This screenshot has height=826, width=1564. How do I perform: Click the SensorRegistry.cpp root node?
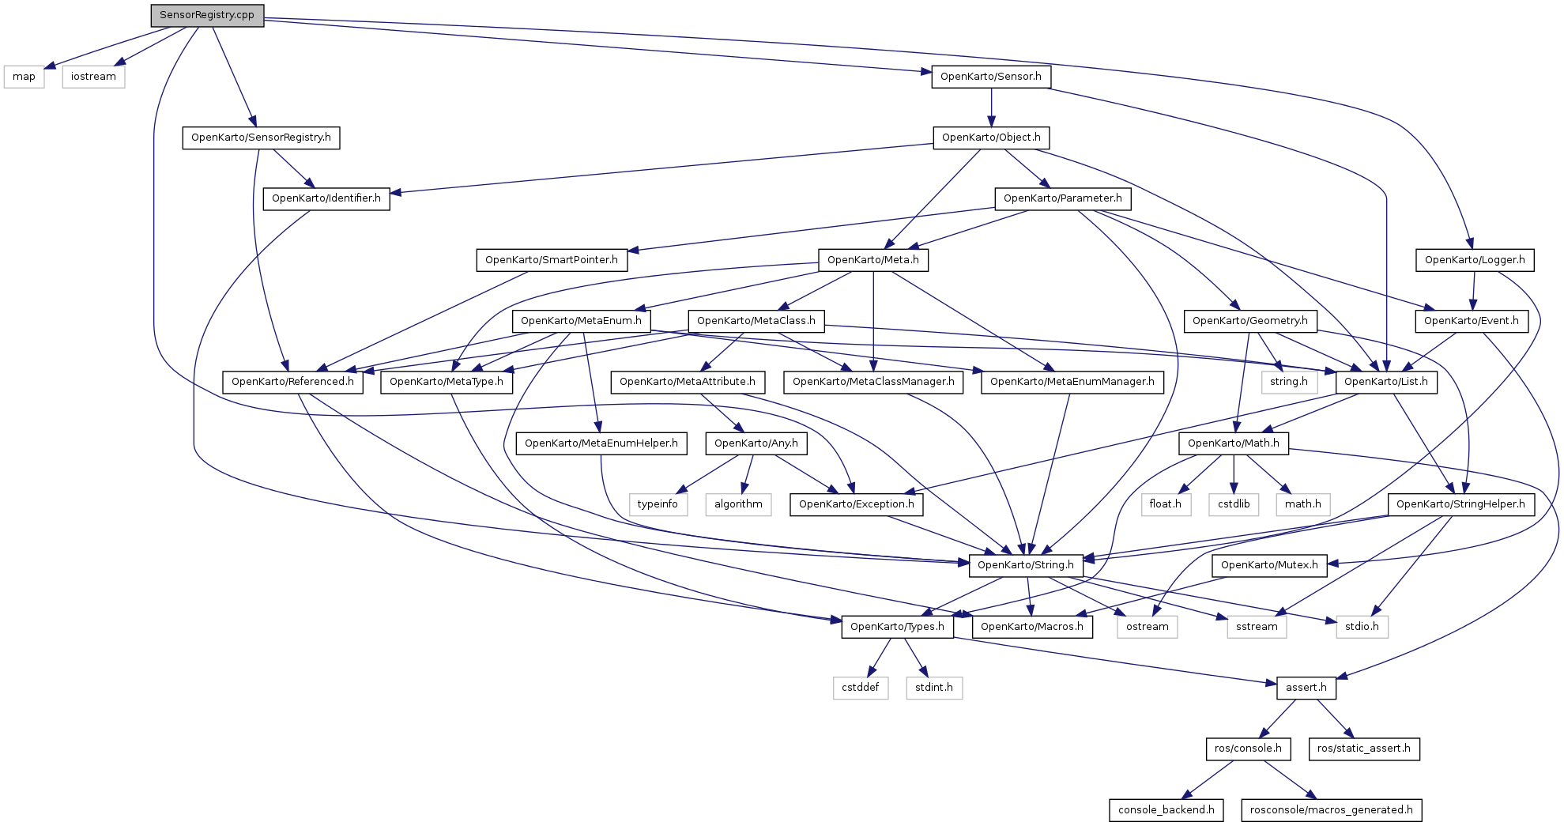point(207,15)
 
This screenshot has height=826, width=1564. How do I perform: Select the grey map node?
point(24,77)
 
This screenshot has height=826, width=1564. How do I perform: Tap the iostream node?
point(93,77)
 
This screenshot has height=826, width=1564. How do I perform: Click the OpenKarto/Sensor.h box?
point(991,77)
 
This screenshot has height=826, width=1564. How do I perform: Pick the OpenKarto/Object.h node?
point(991,138)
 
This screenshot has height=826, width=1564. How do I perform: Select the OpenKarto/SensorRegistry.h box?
point(261,138)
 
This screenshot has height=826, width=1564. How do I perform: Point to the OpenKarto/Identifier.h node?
point(326,198)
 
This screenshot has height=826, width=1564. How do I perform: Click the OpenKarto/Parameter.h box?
point(1063,198)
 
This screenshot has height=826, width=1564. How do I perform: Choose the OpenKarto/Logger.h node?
point(1475,260)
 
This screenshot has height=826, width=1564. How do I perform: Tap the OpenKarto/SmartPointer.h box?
point(552,260)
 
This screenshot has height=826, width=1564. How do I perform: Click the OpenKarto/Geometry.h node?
point(1250,321)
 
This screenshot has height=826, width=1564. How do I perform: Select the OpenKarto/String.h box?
point(1026,565)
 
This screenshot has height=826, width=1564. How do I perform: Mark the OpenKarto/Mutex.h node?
point(1269,565)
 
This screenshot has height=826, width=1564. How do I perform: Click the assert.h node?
point(1306,688)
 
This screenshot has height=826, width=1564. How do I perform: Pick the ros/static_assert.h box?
point(1364,749)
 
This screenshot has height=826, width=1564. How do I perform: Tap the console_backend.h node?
point(1166,810)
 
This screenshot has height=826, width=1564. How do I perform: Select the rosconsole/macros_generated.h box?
point(1332,810)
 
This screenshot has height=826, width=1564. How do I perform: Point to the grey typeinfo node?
point(658,504)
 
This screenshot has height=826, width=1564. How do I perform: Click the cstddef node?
point(861,688)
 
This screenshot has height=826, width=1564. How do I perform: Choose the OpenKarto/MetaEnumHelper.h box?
point(601,443)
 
